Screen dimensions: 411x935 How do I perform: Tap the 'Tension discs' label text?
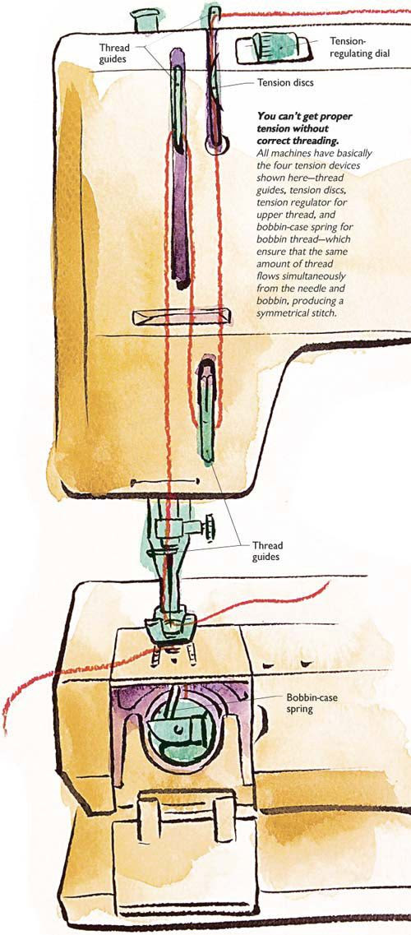click(x=285, y=83)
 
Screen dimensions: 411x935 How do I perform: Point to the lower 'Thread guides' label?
click(x=267, y=550)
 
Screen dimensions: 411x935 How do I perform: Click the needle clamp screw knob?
click(x=210, y=526)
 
